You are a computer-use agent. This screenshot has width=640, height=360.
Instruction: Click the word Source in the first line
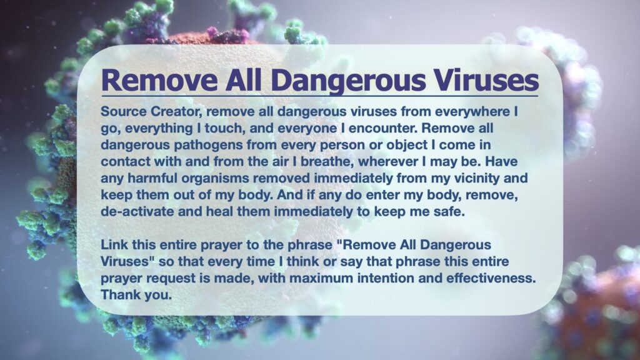pos(124,111)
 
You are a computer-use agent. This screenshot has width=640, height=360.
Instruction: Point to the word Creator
pos(178,111)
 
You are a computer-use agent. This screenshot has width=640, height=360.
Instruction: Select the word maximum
pos(321,278)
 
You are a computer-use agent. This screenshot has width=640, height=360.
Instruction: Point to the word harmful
pos(152,178)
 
